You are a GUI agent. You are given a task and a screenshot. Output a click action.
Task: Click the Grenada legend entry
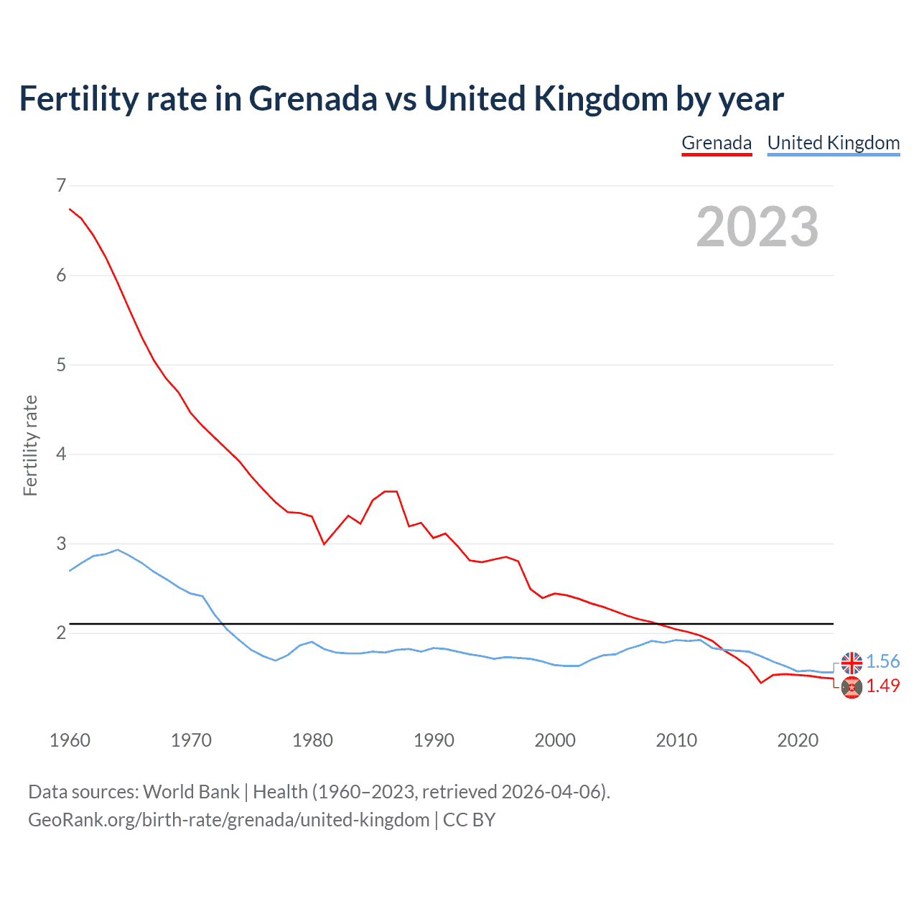pos(717,143)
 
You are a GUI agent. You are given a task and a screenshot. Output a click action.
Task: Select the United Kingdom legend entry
pos(833,143)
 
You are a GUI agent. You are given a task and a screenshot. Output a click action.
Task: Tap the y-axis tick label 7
pos(61,186)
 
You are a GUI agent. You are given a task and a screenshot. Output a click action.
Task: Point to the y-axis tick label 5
pos(61,365)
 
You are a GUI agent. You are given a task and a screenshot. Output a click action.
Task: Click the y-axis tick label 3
pos(61,544)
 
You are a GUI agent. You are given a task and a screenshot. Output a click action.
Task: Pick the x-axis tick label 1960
pos(70,740)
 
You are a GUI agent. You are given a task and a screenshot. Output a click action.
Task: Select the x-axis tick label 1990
pos(434,740)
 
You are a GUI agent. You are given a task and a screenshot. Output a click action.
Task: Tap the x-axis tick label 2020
pos(798,740)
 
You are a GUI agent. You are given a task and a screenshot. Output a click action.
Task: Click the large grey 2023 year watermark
pos(757,227)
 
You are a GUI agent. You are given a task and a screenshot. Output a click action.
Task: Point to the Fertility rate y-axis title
pos(30,445)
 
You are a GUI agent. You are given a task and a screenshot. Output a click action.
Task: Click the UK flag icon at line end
pos(852,663)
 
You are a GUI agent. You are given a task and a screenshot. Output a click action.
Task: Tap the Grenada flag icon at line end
pos(852,687)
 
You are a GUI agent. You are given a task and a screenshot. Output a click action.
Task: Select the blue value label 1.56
pos(882,662)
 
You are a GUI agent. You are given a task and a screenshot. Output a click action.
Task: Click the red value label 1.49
pos(882,686)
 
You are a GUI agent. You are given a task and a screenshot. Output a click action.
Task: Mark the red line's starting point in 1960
pos(70,209)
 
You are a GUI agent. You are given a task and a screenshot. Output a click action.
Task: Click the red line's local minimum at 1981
pos(324,544)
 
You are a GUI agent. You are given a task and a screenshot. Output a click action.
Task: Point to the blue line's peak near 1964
pos(118,550)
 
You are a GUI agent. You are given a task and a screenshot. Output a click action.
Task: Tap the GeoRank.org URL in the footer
pos(228,820)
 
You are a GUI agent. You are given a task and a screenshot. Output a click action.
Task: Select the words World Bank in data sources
pos(191,792)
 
